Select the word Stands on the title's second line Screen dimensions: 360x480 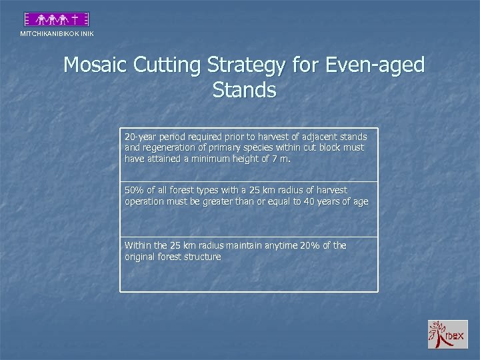244,89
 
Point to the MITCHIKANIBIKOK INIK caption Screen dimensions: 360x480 57,33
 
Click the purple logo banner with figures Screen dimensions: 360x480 57,19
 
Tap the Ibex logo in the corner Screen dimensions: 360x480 448,334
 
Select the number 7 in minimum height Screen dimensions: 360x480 283,158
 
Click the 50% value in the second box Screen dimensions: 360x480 134,191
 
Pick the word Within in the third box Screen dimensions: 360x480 138,245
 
